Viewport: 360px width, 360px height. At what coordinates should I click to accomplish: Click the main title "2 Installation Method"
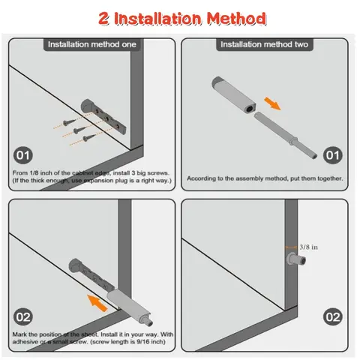click(182, 18)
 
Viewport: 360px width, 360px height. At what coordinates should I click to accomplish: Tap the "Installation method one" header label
click(92, 44)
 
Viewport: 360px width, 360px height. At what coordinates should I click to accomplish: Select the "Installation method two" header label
click(264, 44)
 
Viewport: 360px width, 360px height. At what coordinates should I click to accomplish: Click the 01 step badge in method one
click(23, 155)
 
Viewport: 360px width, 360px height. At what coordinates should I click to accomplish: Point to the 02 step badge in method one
click(23, 316)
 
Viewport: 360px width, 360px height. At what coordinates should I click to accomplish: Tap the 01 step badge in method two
click(333, 155)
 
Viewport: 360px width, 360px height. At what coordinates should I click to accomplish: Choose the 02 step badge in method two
click(333, 316)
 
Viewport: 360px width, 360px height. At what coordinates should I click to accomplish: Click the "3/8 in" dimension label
click(308, 247)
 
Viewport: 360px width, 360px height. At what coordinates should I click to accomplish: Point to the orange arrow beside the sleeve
click(272, 103)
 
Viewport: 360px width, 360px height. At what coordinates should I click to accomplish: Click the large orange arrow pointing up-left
click(97, 303)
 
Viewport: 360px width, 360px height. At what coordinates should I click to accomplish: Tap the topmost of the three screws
click(69, 122)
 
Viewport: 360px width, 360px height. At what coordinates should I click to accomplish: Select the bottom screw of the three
click(89, 137)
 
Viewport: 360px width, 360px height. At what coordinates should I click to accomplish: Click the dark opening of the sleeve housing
click(249, 109)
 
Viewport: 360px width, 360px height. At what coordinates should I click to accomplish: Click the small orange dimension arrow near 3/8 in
click(291, 247)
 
